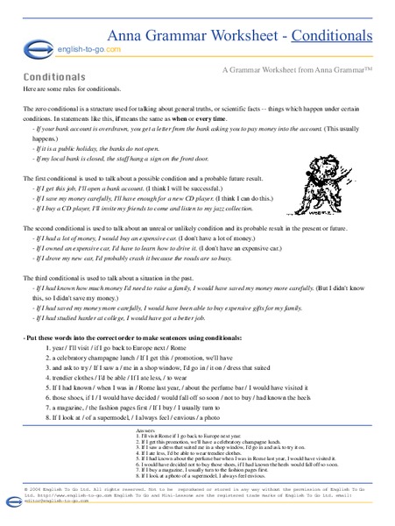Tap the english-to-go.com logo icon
pos(33,51)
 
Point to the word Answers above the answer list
pos(151,431)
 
